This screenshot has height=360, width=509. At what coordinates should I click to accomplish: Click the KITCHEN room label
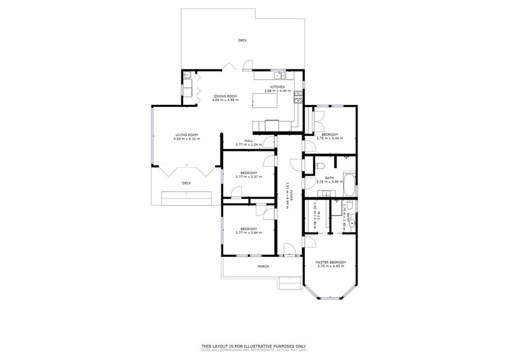277,87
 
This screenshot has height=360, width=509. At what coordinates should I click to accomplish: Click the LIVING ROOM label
188,134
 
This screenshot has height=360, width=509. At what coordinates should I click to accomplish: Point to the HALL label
249,141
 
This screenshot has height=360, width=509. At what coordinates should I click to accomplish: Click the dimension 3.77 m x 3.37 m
248,177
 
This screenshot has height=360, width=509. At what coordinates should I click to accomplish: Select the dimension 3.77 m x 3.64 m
248,233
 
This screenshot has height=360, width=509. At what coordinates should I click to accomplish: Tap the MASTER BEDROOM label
330,262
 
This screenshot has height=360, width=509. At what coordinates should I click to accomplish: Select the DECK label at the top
242,40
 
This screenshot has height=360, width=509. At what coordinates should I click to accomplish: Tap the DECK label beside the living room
186,183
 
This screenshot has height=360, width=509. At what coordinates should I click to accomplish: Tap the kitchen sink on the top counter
277,74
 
